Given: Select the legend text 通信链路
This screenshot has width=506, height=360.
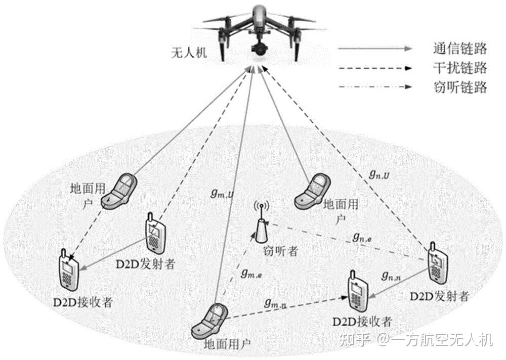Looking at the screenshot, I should (x=459, y=49).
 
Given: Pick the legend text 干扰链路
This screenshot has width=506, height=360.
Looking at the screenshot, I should (x=459, y=68).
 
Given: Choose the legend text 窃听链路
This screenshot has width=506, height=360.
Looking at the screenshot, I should (x=459, y=87).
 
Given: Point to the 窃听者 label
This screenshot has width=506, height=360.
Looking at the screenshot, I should (x=280, y=250).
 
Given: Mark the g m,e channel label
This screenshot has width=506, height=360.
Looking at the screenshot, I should (x=251, y=274).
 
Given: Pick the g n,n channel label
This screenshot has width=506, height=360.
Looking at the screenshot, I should (x=392, y=275).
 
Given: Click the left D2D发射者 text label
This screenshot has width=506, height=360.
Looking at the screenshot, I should (x=145, y=264).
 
